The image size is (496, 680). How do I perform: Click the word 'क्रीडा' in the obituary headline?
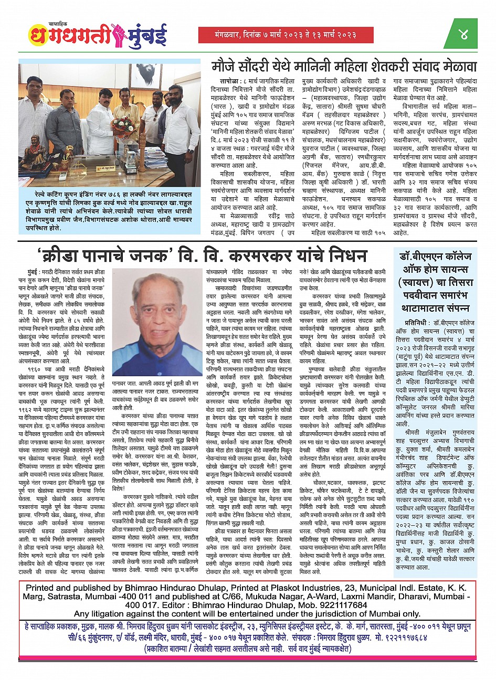click(64, 257)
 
